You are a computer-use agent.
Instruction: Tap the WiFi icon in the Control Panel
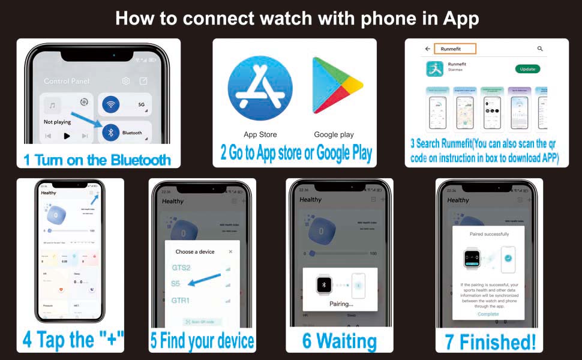(x=110, y=105)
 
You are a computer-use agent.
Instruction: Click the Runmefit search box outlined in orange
(x=454, y=49)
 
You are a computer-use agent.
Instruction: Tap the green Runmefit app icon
(x=434, y=69)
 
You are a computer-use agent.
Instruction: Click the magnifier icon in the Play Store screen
(x=540, y=49)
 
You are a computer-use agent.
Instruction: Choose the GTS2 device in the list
(x=181, y=268)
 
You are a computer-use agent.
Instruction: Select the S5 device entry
(x=176, y=284)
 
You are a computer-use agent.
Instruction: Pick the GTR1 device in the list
(x=181, y=300)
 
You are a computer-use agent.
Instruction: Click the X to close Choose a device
(x=230, y=252)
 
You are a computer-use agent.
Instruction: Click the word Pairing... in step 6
(x=341, y=304)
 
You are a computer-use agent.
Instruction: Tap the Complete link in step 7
(x=488, y=314)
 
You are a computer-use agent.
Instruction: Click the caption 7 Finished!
(x=490, y=341)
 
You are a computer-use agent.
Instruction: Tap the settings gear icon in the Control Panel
(x=126, y=81)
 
